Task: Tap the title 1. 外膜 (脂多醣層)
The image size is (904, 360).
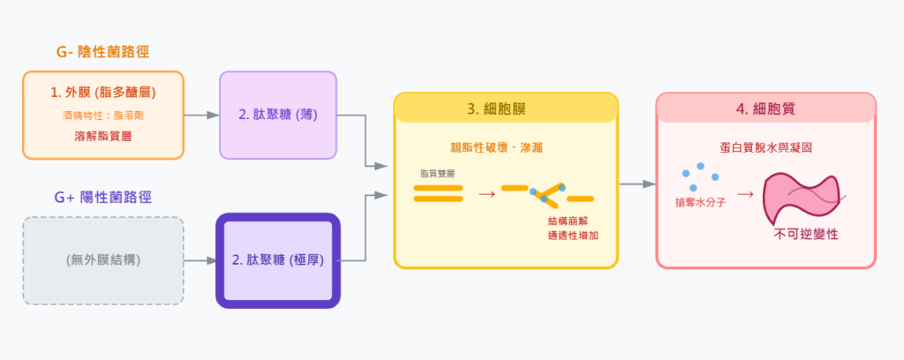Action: click(x=103, y=92)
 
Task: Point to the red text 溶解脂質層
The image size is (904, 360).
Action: click(x=103, y=137)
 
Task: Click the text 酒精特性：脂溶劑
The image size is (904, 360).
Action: click(x=103, y=115)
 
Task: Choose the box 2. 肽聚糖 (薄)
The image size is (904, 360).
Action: click(x=277, y=115)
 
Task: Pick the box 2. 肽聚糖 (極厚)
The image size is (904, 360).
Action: click(x=277, y=260)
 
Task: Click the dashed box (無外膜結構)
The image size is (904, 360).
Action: click(x=103, y=260)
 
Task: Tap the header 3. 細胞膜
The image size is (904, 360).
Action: click(x=506, y=109)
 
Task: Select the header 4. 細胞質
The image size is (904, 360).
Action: click(x=765, y=109)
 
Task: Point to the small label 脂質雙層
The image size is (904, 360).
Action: click(x=437, y=174)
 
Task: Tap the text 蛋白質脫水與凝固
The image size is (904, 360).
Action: click(x=765, y=147)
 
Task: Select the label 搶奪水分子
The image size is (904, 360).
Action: click(x=700, y=203)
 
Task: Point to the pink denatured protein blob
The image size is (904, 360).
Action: click(x=802, y=196)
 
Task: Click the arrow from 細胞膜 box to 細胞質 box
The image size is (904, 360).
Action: click(x=637, y=184)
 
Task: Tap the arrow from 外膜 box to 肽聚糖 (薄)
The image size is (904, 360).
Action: click(x=201, y=115)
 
